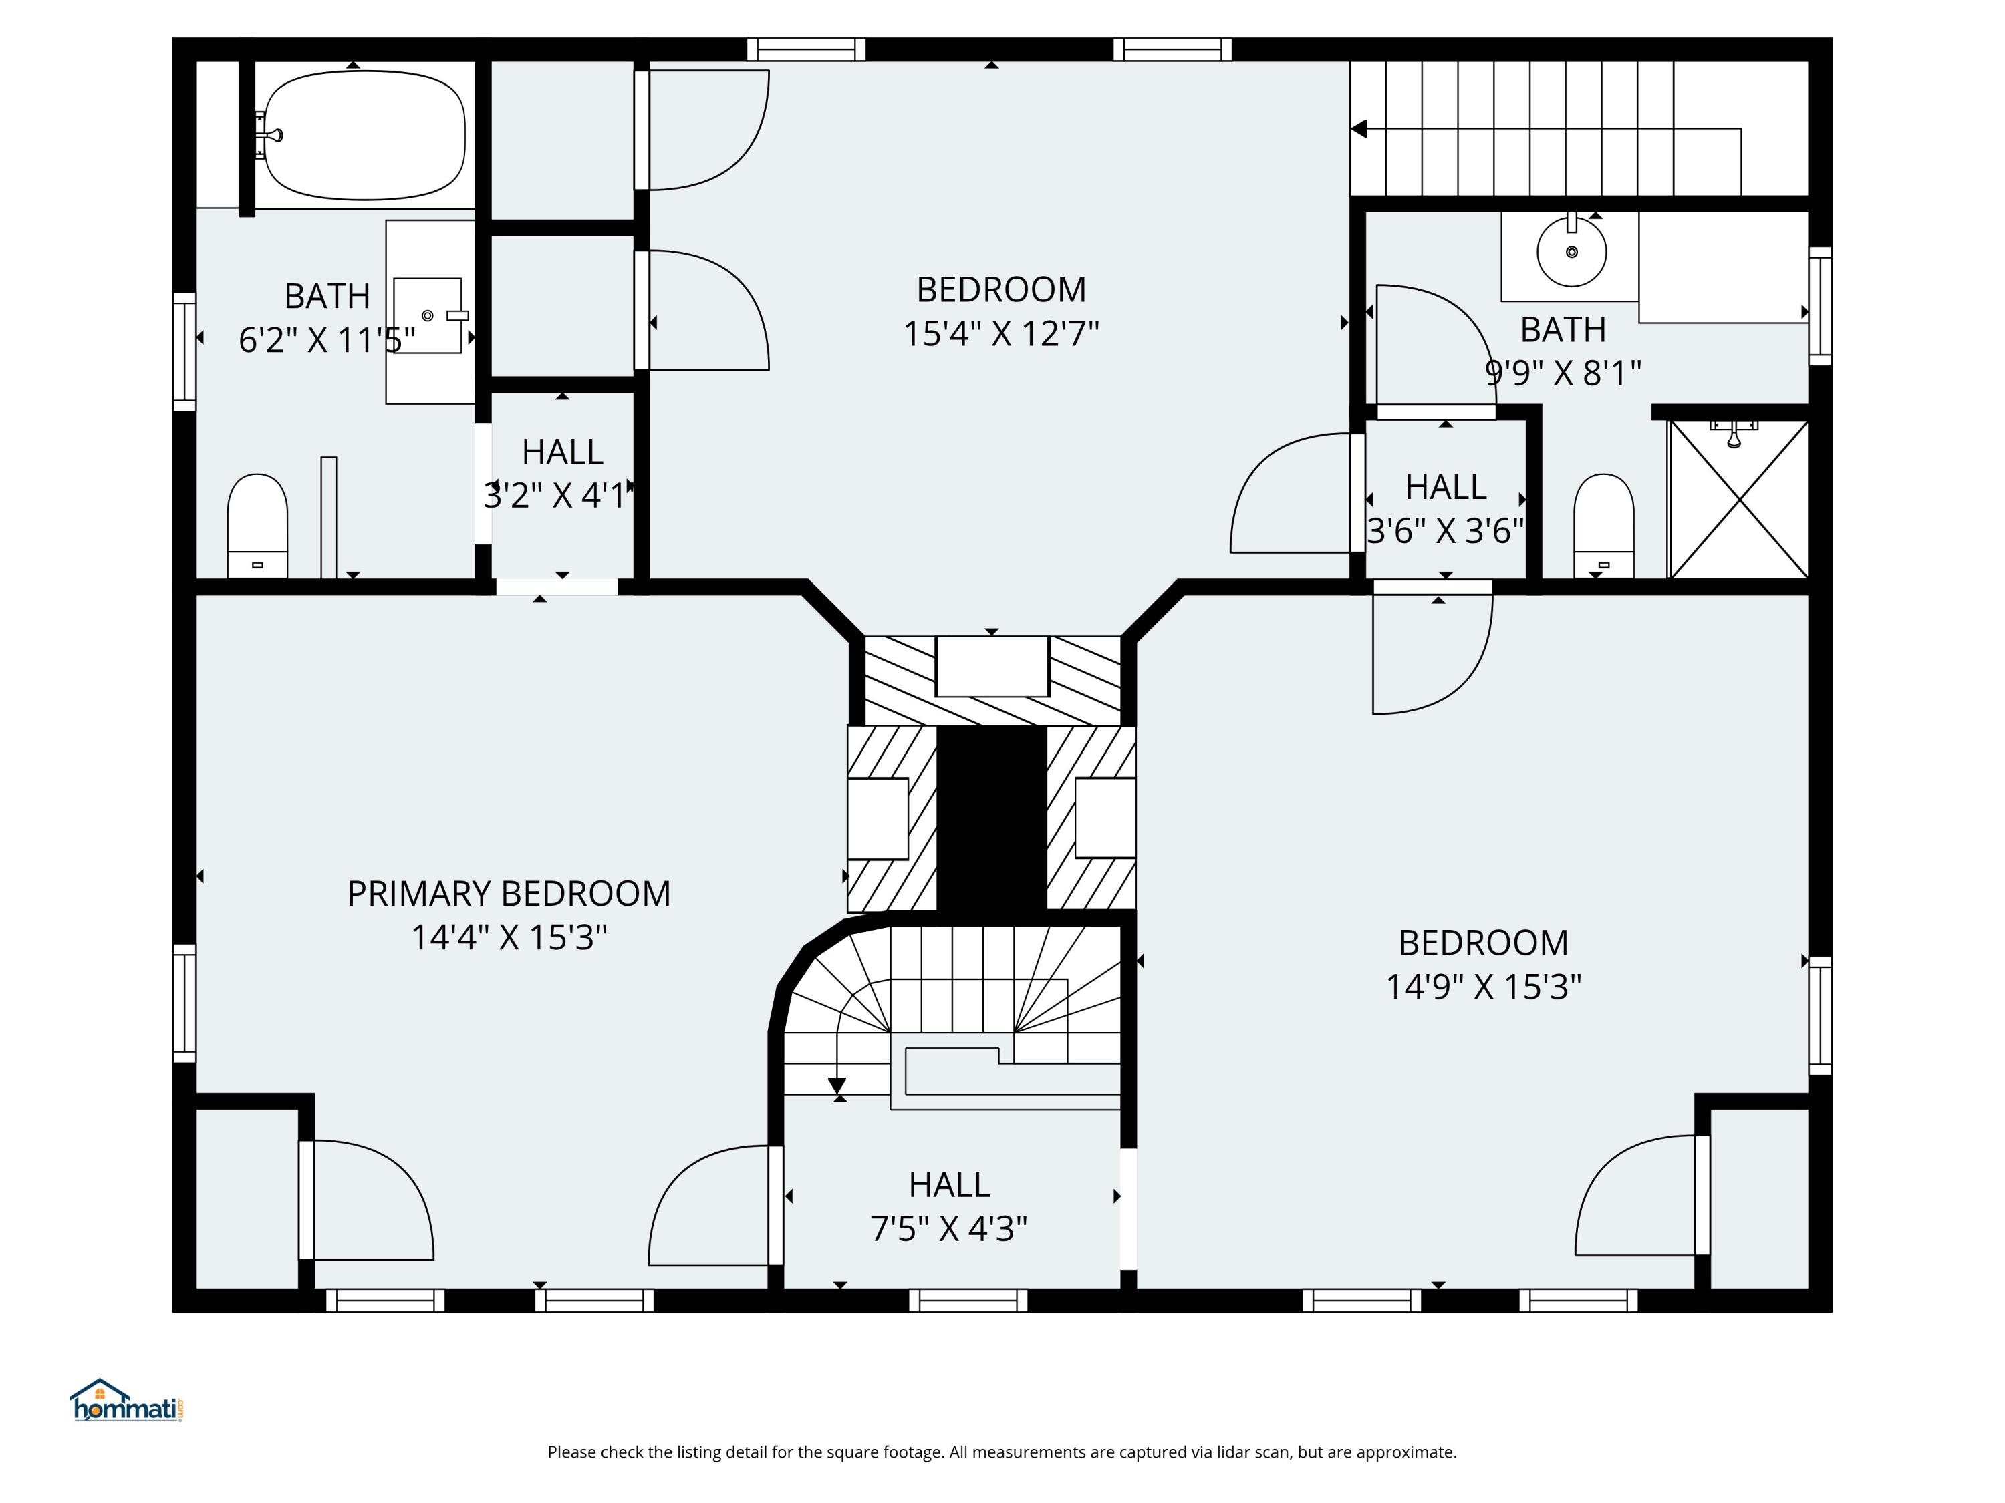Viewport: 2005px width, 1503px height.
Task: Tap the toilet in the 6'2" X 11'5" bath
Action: [257, 526]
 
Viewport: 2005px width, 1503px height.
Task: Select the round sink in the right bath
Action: [1572, 251]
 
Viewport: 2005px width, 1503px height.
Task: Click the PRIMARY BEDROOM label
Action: [509, 894]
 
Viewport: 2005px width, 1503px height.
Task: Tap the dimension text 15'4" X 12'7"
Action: [1000, 333]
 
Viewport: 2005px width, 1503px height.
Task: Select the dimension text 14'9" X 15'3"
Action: [1484, 986]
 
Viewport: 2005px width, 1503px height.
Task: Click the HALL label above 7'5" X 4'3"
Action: [949, 1184]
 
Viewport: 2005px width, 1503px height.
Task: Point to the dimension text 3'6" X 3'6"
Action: [1446, 531]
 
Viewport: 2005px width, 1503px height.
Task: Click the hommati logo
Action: [127, 1401]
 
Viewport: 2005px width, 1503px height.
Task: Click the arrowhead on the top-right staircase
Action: [1359, 129]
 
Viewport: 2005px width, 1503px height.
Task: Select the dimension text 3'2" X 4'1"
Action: [555, 496]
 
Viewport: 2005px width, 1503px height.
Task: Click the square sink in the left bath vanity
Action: [428, 315]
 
